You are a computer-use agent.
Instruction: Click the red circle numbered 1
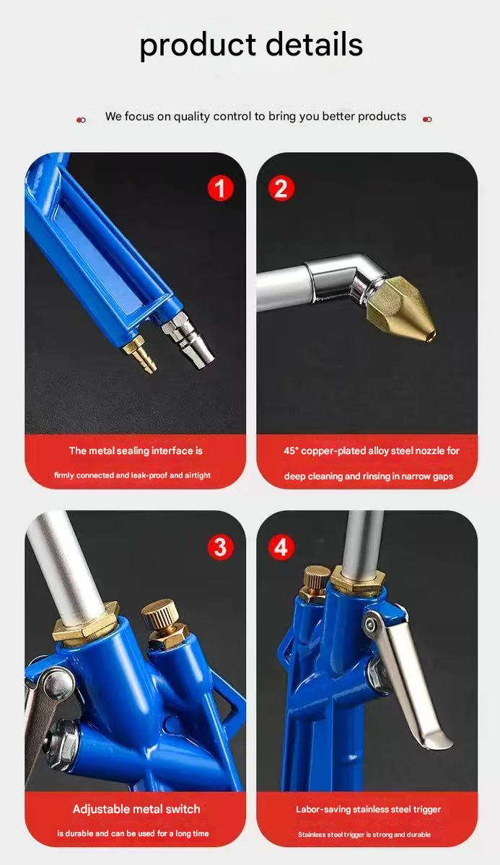tap(220, 188)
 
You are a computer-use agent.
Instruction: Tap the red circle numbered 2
tap(281, 188)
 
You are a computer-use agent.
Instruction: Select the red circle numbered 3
tap(220, 547)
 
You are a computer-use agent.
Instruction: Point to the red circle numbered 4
tap(281, 547)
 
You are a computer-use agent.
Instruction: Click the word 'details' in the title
tap(314, 44)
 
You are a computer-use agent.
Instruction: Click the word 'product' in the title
tap(198, 46)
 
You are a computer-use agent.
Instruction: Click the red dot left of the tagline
tap(81, 120)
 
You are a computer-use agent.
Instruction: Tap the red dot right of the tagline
tap(427, 120)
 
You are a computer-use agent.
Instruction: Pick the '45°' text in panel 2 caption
tap(291, 451)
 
